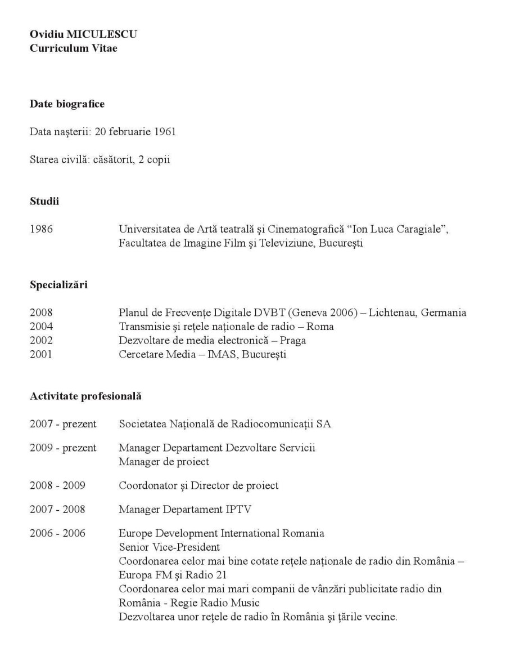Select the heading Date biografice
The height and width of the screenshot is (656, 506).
point(67,104)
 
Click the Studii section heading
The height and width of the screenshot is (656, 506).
point(44,202)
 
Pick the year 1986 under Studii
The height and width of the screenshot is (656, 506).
point(42,229)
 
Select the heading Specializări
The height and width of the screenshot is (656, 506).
point(58,285)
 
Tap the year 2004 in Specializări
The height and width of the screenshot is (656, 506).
point(41,327)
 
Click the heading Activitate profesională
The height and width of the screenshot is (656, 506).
point(85,396)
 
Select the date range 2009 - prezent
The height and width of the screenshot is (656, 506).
point(63,448)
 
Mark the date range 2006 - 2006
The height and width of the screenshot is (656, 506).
point(57,533)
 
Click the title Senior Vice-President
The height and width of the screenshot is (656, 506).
point(169,547)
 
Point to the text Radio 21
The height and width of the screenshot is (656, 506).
point(178,575)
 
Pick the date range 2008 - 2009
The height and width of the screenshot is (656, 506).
point(57,485)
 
